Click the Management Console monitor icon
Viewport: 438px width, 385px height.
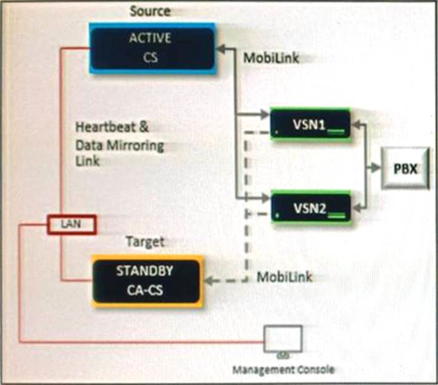pos(283,340)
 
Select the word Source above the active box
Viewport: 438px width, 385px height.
pos(151,10)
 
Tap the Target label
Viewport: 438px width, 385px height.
pos(145,242)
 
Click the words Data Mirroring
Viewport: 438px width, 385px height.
pos(120,146)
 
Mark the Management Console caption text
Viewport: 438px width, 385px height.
pos(284,370)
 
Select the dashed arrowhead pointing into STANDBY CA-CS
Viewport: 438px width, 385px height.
pos(209,280)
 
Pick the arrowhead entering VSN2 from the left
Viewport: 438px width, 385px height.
pos(266,199)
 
